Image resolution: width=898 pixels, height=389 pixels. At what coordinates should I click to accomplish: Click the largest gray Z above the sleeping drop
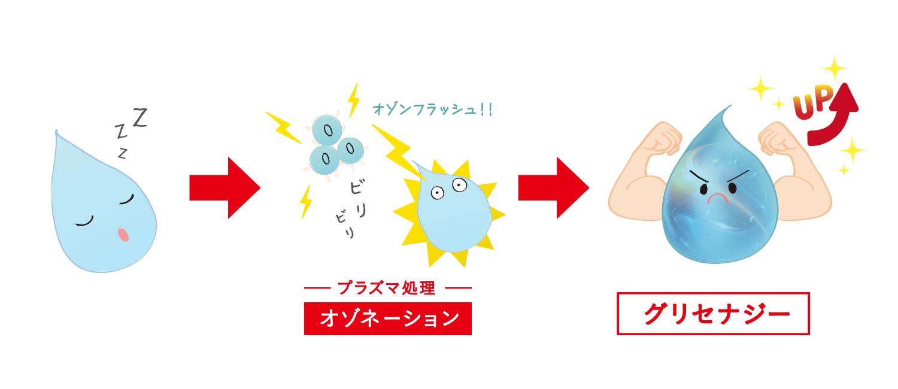tap(139, 117)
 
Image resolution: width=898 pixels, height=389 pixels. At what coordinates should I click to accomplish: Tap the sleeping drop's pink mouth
tap(123, 235)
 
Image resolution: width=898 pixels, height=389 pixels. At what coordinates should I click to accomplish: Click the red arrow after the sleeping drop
tap(224, 188)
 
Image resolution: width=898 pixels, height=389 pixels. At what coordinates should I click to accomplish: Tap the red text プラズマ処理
tap(387, 288)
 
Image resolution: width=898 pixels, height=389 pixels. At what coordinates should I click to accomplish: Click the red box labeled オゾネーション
tap(387, 318)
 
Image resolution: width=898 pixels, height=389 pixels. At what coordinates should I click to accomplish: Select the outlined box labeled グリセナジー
tap(713, 313)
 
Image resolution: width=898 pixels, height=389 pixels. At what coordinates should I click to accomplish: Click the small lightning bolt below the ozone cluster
tap(306, 201)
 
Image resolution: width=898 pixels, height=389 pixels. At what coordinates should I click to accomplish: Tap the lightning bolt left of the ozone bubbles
tap(283, 127)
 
